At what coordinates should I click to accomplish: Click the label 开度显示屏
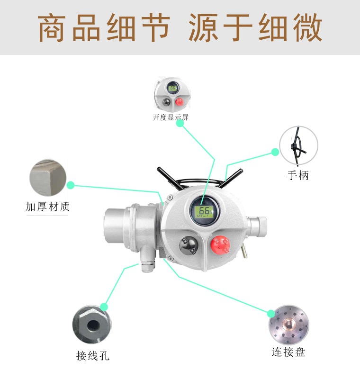point(171,117)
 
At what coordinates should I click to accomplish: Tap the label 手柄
point(298,175)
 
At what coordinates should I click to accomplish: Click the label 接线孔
point(93,355)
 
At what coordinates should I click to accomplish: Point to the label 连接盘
point(288,352)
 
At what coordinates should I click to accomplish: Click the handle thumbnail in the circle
point(298,145)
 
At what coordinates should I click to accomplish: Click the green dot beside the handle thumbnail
point(275,152)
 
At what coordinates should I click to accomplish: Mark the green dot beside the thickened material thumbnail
point(71,185)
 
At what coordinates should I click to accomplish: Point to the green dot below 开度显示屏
point(180,123)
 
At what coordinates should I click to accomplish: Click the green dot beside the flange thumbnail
point(271,313)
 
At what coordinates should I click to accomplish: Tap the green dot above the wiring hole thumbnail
point(104,307)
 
